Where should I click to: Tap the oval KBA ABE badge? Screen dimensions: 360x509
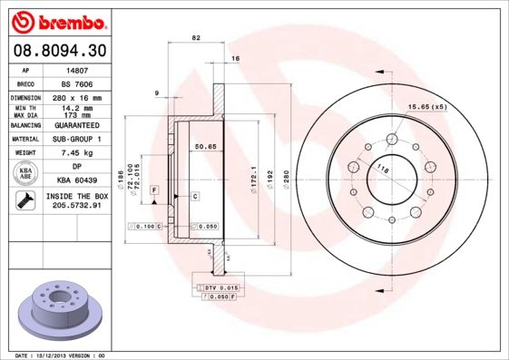coord(26,174)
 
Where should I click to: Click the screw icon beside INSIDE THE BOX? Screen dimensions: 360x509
coord(26,201)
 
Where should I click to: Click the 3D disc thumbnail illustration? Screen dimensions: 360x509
coord(61,308)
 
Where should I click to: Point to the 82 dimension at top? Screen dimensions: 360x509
coord(195,38)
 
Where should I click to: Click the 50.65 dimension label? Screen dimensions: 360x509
coord(204,146)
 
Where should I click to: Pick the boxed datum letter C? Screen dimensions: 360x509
coord(195,196)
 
